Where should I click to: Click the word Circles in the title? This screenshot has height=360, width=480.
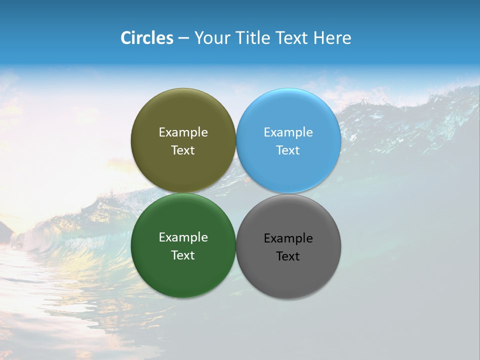146,38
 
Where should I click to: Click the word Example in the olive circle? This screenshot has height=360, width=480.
183,132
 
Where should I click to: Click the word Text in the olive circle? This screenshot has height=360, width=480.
183,150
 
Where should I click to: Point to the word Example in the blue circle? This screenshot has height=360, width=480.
288,132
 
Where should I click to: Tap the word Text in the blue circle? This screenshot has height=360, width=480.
288,150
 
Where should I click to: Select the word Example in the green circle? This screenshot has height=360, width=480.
183,237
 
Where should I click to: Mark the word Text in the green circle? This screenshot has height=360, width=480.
183,255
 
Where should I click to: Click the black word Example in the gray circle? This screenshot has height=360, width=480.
288,238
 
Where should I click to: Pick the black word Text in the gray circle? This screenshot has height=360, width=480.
288,256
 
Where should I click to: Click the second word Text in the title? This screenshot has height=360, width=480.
292,38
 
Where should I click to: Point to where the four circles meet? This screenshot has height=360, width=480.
236,193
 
